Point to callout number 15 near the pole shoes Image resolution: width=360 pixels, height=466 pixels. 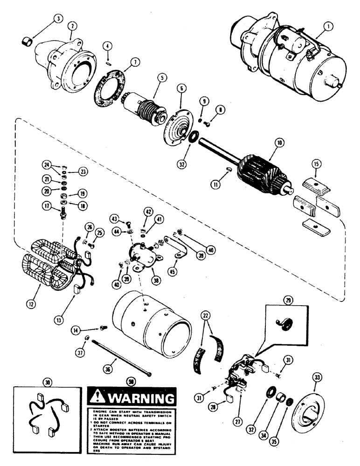pos(316,164)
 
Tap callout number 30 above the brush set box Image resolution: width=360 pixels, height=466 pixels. pos(48,382)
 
